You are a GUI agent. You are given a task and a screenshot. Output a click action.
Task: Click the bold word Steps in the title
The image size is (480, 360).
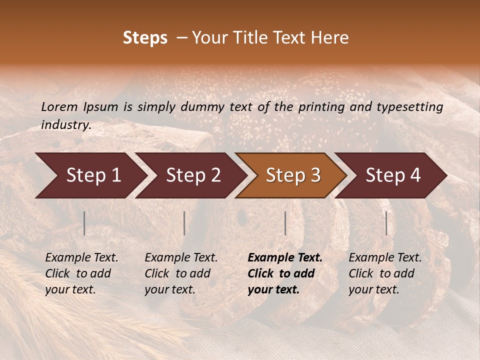tap(145, 38)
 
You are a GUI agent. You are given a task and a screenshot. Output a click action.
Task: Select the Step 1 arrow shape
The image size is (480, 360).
tap(90, 175)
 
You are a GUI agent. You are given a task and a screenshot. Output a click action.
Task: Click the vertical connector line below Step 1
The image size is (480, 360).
tap(84, 223)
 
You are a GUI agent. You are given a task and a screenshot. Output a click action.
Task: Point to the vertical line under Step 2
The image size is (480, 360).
tap(184, 223)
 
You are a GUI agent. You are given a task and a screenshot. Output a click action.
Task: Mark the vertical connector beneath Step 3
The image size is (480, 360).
tap(285, 223)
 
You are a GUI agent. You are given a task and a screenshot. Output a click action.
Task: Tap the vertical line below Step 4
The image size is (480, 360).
tap(386, 223)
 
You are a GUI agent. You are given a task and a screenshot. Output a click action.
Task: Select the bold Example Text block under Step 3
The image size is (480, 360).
tap(285, 273)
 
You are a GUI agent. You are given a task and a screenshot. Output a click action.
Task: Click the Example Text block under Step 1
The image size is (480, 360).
tap(81, 273)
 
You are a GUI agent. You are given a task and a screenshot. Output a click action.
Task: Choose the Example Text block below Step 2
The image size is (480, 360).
tap(181, 273)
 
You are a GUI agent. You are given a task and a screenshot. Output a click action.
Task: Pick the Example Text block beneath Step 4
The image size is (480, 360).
tap(385, 273)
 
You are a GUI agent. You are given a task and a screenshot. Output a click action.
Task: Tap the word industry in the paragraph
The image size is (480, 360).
tap(66, 125)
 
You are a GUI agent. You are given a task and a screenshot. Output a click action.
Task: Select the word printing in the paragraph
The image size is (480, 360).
tap(321, 107)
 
